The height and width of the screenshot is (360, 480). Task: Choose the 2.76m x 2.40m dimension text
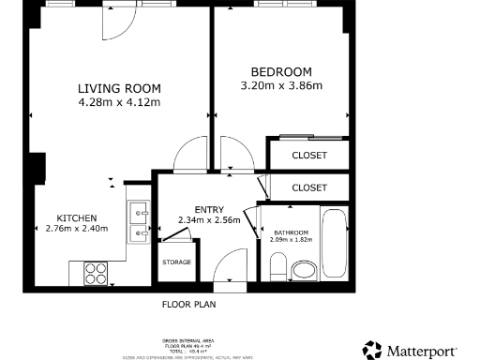77,229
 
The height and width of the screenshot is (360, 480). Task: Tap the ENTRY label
209,209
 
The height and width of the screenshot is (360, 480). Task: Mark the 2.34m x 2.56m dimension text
209,221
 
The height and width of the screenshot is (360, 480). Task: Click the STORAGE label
176,262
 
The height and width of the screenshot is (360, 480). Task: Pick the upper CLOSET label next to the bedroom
309,155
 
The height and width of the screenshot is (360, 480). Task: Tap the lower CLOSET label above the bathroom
309,187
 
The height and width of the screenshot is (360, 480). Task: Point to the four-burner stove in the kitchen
97,273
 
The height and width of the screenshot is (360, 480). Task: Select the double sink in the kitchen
139,220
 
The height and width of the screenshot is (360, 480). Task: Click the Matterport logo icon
372,350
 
